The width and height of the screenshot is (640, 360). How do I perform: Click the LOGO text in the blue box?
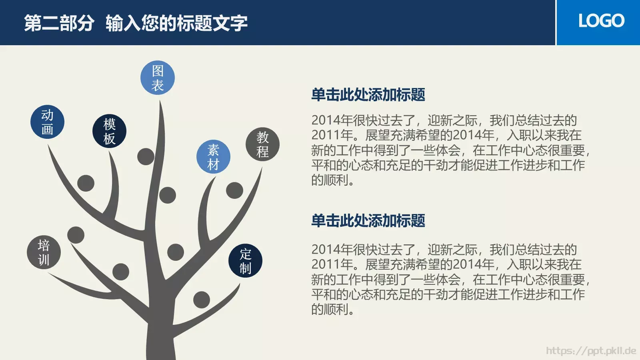tap(601, 21)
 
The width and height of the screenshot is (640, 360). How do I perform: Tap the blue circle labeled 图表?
tap(158, 78)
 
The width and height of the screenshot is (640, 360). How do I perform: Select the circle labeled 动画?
tap(47, 122)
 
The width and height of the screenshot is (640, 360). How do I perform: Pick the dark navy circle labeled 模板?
tap(109, 131)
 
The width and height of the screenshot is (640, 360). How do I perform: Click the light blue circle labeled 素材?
tap(213, 157)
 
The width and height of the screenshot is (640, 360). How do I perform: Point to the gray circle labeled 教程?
tap(262, 144)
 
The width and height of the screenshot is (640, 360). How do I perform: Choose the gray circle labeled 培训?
tap(44, 252)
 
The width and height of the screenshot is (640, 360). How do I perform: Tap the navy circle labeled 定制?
tap(245, 261)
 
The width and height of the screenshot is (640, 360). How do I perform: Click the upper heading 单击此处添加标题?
tap(368, 95)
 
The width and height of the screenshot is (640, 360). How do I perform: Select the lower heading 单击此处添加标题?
tap(368, 221)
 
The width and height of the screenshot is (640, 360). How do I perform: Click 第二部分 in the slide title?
tap(59, 23)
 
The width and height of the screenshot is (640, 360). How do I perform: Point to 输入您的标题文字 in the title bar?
tap(176, 23)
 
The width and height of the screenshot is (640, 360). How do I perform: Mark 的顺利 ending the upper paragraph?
tap(330, 180)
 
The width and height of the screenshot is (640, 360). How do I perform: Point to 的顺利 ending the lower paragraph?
tap(330, 309)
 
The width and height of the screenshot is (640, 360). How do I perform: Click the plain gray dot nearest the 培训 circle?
tap(76, 235)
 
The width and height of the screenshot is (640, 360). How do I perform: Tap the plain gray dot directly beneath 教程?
tap(234, 190)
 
